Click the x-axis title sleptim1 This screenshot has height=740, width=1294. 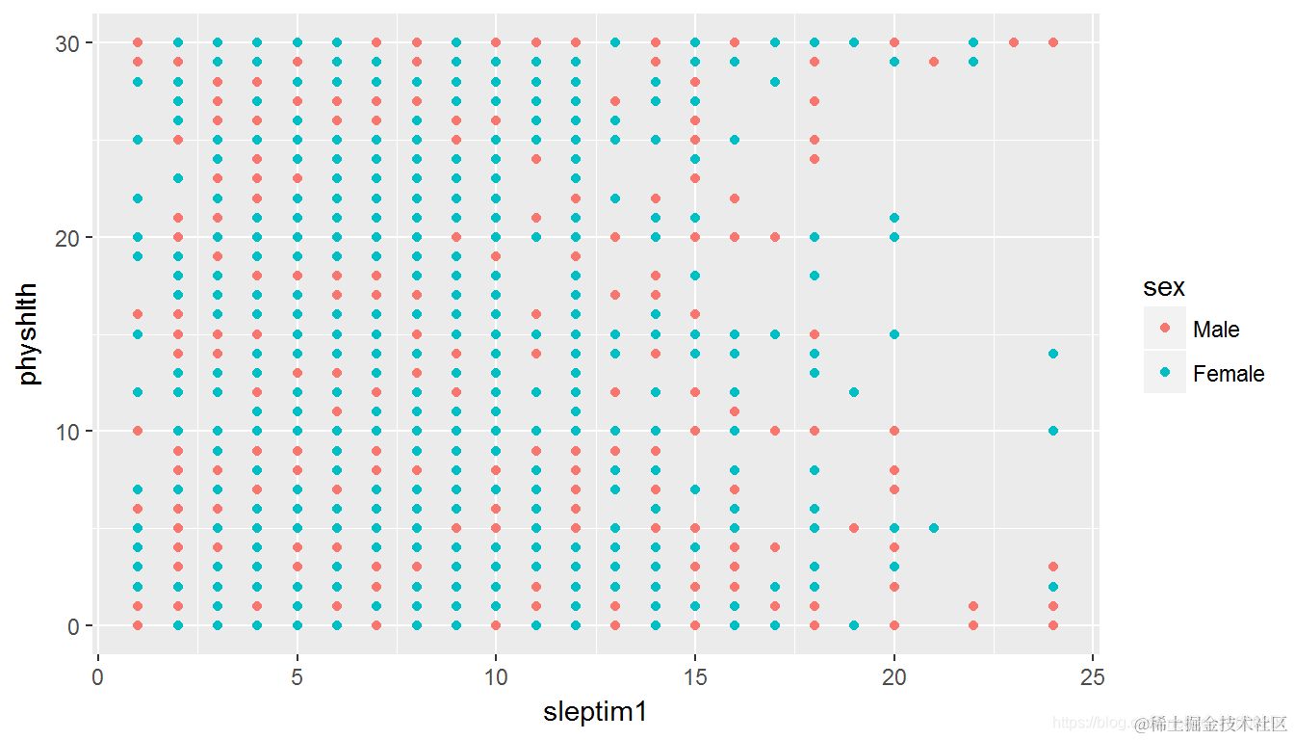click(594, 712)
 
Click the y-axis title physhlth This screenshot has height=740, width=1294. click(30, 333)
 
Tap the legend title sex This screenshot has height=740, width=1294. click(1163, 287)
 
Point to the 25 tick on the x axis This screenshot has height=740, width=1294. click(1093, 677)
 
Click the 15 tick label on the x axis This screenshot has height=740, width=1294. click(694, 677)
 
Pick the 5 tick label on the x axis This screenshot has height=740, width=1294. click(297, 677)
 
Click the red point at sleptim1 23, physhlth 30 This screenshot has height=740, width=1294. click(1013, 42)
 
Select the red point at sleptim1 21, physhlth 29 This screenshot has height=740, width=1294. click(933, 62)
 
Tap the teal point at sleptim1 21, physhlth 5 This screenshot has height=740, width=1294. click(933, 528)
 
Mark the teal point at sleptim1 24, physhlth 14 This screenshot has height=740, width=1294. click(1052, 354)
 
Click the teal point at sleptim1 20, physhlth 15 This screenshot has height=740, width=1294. click(893, 334)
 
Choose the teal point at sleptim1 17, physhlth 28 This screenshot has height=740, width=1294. click(774, 81)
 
